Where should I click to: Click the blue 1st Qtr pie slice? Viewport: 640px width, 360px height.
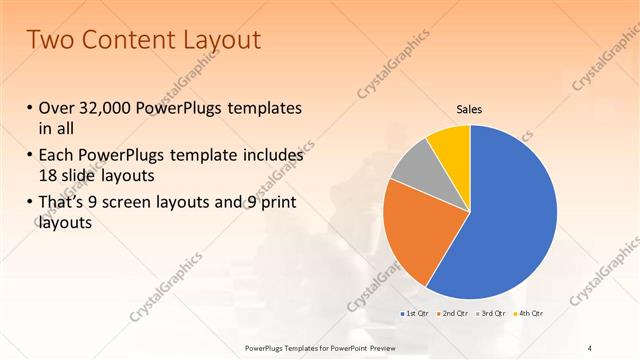click(510, 210)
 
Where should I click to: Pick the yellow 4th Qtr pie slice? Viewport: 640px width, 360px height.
click(450, 143)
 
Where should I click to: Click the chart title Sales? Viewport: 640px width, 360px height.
click(470, 109)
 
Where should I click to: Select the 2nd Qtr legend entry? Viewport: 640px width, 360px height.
click(453, 314)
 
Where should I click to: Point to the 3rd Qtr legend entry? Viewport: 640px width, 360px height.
click(490, 314)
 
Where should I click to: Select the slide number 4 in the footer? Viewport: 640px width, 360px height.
click(591, 347)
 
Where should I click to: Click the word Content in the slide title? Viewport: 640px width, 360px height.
click(121, 40)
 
